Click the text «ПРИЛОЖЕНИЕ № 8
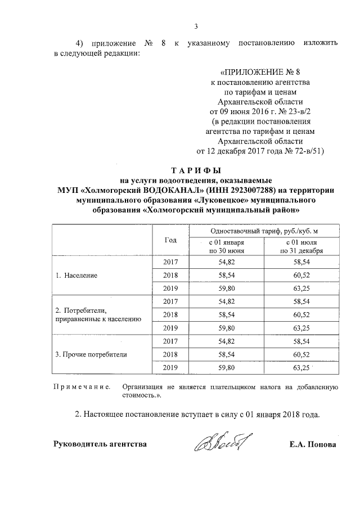(264, 72)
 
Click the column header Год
(170, 240)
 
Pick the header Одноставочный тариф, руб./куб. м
(264, 231)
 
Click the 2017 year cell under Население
(170, 263)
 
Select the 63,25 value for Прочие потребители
(301, 368)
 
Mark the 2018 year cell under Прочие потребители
(170, 354)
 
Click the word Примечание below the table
(81, 388)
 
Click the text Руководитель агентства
(100, 444)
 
